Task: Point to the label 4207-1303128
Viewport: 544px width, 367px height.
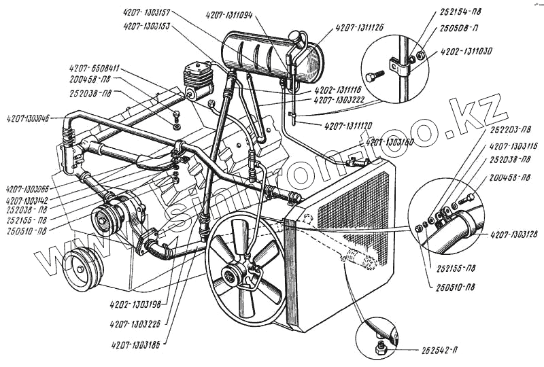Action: (x=514, y=234)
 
